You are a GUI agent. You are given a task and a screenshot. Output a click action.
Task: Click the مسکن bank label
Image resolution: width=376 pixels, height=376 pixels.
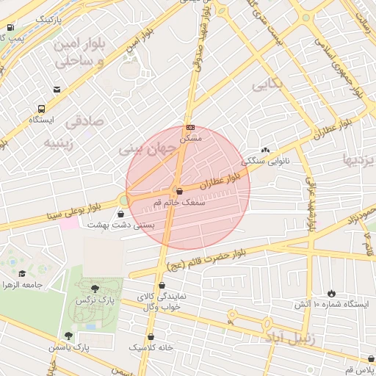tap(190, 138)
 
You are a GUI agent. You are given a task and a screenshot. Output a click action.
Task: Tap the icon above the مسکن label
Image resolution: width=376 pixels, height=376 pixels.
tap(190, 127)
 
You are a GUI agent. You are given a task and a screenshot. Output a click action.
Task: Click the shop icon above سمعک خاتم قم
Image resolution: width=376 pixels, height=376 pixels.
tap(180, 191)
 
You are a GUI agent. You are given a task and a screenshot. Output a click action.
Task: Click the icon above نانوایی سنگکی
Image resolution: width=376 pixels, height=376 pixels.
tap(265, 149)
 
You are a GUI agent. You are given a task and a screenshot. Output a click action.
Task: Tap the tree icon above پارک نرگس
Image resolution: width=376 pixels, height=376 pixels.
tap(93, 289)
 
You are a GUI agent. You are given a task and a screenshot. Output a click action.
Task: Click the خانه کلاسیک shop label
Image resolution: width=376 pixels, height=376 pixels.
tap(151, 346)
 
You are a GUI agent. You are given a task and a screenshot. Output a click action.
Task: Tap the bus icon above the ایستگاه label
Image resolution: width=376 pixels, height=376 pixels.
tap(57, 90)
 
